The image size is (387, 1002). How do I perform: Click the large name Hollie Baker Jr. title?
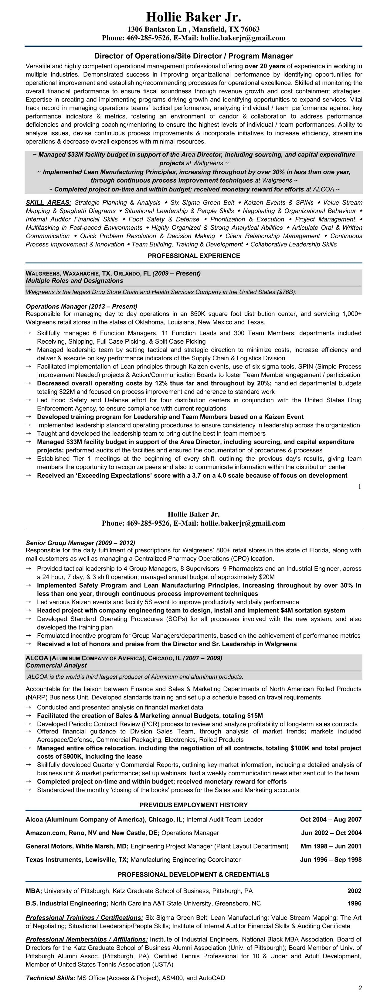tap(194, 17)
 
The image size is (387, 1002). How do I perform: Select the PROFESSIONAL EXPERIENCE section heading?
tap(194, 256)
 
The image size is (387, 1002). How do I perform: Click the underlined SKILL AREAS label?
tap(48, 203)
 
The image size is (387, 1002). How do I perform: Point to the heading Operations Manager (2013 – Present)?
tap(81, 307)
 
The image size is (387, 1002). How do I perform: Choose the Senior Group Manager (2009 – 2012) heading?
tap(80, 543)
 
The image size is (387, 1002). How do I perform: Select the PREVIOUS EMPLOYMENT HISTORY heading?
tap(194, 805)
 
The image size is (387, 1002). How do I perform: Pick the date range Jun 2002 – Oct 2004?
tap(331, 833)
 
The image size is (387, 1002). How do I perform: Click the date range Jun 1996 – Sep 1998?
tap(331, 860)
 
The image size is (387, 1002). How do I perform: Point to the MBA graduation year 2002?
tap(354, 891)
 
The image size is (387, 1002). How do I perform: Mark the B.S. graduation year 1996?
tap(354, 903)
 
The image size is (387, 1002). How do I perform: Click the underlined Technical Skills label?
tap(50, 978)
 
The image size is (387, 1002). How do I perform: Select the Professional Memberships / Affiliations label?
tap(87, 939)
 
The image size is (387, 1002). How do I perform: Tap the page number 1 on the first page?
tap(359, 486)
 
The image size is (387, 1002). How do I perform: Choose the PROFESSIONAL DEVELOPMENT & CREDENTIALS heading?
tap(194, 874)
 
